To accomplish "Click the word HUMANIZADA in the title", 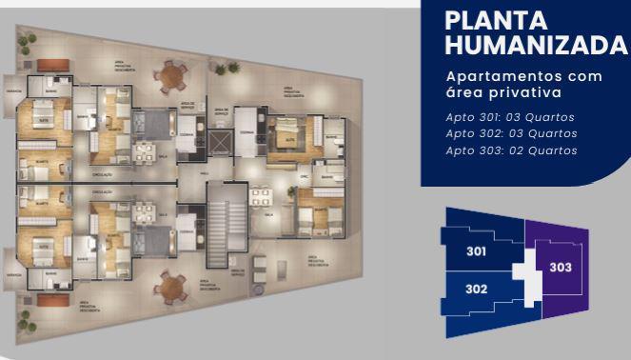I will coord(536,45).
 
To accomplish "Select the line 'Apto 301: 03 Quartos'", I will coord(510,117).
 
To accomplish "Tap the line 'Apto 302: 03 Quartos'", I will coord(510,133).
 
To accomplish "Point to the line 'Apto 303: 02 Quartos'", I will coord(510,150).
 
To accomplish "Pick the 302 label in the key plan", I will coord(477,289).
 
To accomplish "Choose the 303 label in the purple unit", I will coord(561,268).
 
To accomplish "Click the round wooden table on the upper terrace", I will coord(172,74).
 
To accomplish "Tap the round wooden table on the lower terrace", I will coord(172,286).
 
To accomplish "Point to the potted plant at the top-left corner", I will coord(27,43).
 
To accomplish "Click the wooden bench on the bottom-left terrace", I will coord(52,300).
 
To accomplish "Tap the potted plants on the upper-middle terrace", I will coord(227,68).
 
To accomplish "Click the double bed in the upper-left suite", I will coord(44,114).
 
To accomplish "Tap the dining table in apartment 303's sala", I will coord(260,197).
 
